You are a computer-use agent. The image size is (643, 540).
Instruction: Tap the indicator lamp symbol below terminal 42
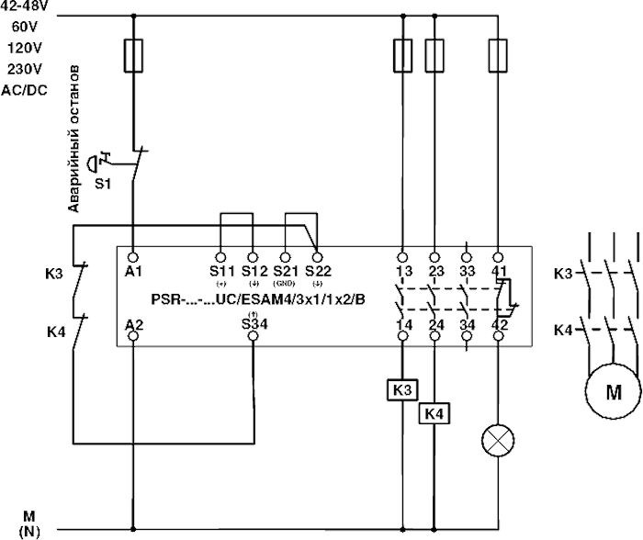tap(498, 443)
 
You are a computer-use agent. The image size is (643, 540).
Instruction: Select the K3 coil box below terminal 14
tap(401, 389)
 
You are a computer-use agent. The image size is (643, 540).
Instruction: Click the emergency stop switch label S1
tap(104, 184)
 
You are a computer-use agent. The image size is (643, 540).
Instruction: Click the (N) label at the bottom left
tap(29, 532)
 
